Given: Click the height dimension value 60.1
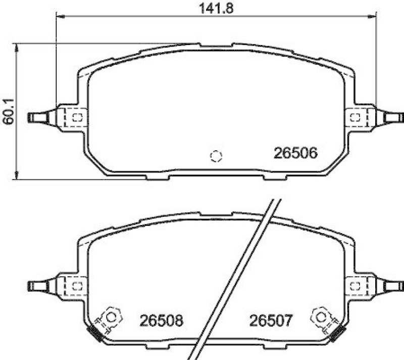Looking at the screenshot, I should (x=7, y=111).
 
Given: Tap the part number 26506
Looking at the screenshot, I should (x=295, y=153).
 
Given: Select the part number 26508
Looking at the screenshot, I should (x=161, y=321).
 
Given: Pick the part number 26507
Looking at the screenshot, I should (x=270, y=321).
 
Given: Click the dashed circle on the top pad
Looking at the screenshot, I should (x=216, y=156).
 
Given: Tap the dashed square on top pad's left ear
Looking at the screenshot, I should (x=77, y=118).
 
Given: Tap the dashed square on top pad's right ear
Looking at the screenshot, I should (x=355, y=117).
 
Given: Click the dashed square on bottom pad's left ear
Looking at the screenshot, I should (x=77, y=286).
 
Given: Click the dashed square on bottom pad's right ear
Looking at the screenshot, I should (x=355, y=286).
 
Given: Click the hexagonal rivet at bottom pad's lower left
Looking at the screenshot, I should (x=111, y=317).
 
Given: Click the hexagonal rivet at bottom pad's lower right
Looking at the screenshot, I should (x=321, y=317).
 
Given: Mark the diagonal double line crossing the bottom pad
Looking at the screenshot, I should (x=237, y=278).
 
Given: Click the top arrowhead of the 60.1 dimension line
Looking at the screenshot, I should (x=18, y=47).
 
